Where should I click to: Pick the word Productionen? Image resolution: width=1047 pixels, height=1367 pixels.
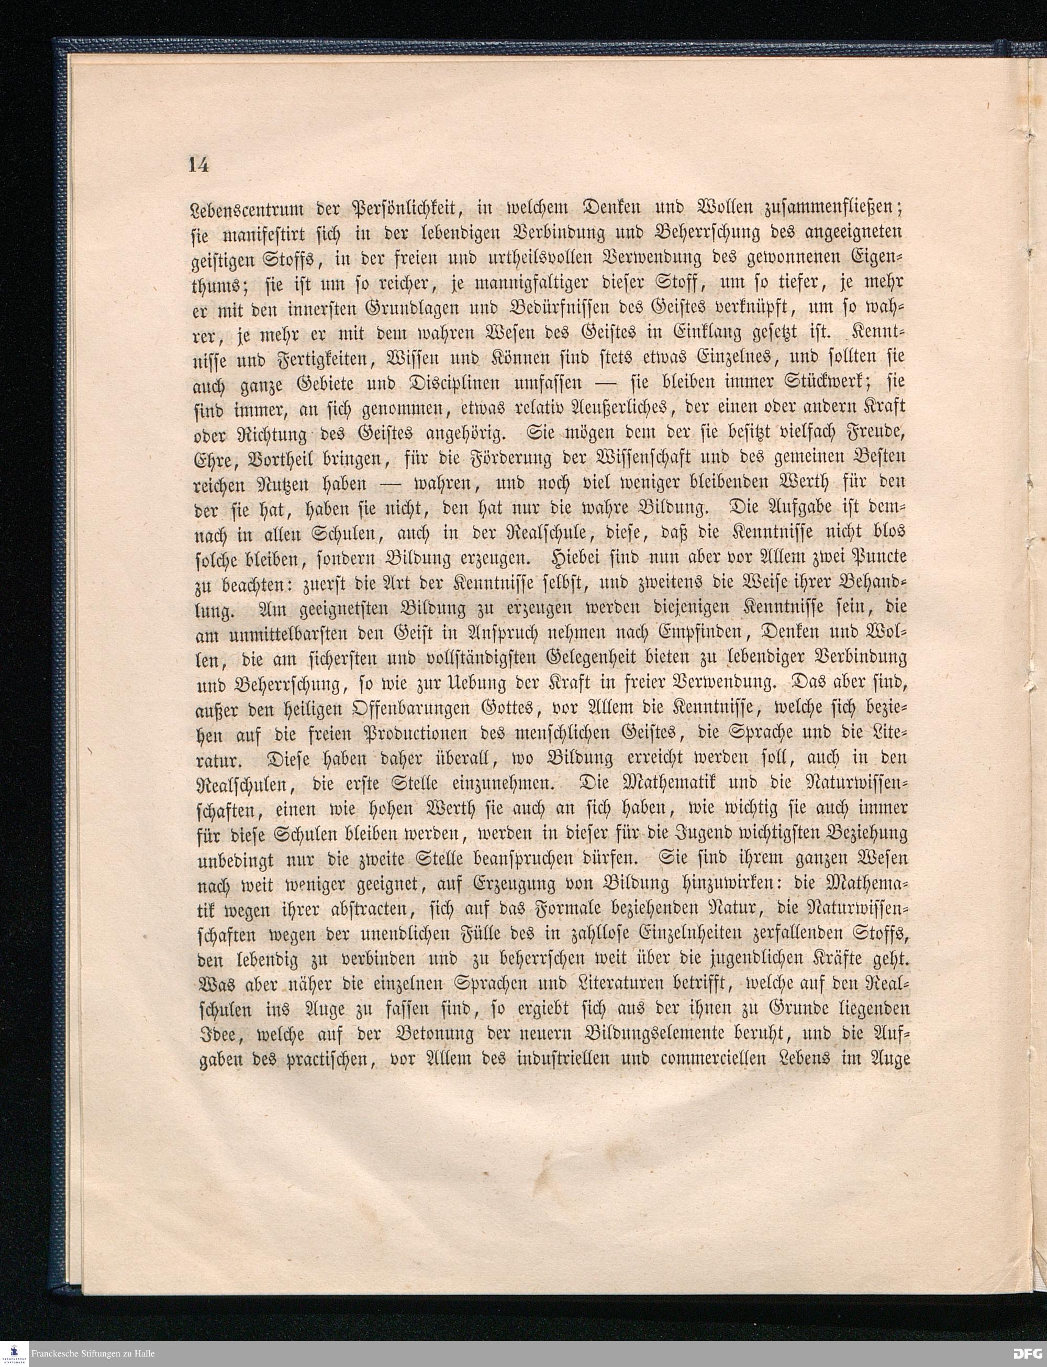click(x=428, y=735)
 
